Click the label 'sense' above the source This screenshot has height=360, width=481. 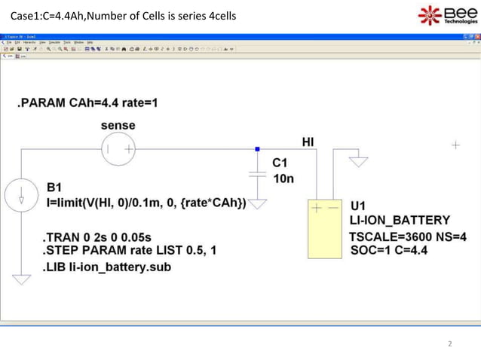tap(118, 125)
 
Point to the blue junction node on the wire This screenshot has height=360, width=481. tap(257, 149)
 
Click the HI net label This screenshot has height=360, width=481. tap(308, 141)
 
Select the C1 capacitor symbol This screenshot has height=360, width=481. tap(257, 174)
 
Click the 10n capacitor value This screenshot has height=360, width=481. tap(283, 179)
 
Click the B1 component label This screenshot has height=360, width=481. tap(55, 187)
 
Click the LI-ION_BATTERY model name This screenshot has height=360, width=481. tap(400, 221)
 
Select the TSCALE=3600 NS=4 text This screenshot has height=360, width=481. tap(407, 236)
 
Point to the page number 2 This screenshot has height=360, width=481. tap(450, 345)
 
